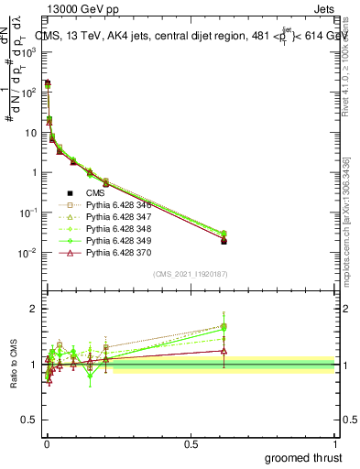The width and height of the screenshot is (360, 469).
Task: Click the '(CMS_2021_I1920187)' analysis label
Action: coord(191,274)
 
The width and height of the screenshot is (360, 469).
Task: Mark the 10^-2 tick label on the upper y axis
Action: coord(24,253)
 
